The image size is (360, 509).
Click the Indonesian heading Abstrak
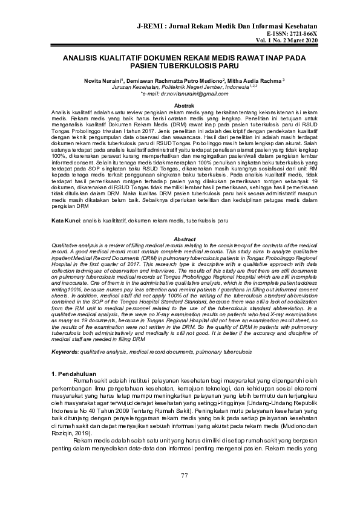point(180,106)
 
